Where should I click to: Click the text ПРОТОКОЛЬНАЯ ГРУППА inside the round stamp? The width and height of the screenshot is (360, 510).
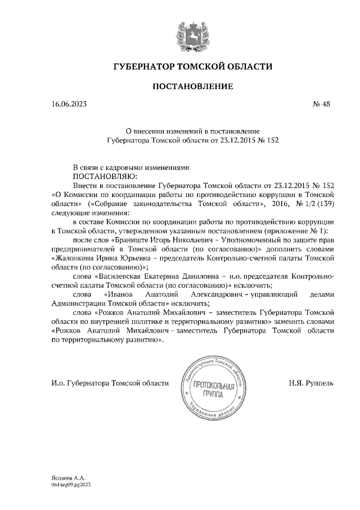pos(212,389)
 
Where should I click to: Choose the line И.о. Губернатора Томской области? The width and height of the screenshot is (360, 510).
pos(109,383)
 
